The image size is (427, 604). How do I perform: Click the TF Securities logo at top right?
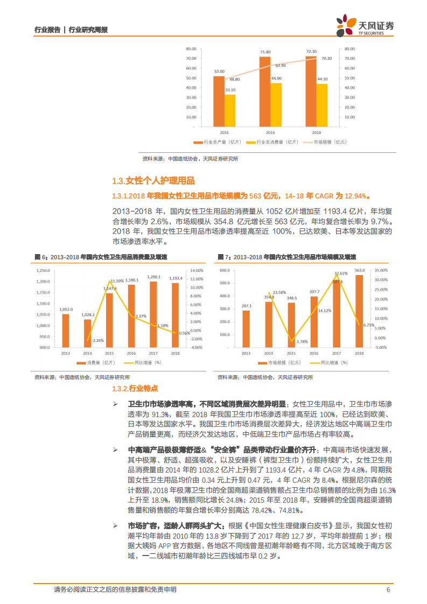tap(365, 24)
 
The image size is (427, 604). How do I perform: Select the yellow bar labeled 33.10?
tap(230, 110)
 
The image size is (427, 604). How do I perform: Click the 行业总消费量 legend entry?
tap(271, 142)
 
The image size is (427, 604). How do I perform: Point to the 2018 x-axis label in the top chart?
tap(316, 132)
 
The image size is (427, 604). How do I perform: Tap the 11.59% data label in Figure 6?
tap(117, 281)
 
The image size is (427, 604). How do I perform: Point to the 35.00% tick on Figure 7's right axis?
tap(381, 270)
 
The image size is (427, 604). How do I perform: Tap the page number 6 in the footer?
tap(388, 589)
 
